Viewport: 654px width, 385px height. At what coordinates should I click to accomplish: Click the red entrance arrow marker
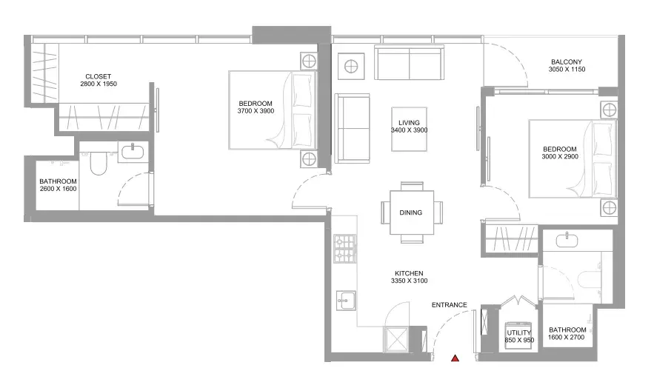pos(455,358)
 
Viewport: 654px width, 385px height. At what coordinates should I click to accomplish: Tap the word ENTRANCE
pos(449,305)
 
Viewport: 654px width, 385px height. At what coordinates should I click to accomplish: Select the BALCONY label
pos(567,61)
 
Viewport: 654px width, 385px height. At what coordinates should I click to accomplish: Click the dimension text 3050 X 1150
pos(567,70)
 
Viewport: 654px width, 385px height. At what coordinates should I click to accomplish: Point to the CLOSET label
pos(98,76)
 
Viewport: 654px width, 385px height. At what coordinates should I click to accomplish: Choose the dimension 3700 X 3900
pos(256,111)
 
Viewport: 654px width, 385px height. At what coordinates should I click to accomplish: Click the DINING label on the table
pos(411,212)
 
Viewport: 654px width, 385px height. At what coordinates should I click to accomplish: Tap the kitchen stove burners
pos(345,249)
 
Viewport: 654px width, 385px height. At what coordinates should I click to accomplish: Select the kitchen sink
pos(346,300)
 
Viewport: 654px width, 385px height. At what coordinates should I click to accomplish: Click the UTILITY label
pos(519,332)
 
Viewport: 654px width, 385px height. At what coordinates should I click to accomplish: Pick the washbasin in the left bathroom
pos(133,152)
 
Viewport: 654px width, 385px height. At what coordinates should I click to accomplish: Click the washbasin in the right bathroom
pos(567,241)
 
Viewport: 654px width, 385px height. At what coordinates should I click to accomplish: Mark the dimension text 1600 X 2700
pos(567,337)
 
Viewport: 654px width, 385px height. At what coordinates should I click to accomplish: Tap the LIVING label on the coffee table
pos(409,123)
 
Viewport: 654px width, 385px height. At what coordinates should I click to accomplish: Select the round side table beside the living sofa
pos(351,67)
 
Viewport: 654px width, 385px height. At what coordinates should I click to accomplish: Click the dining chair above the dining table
pos(412,186)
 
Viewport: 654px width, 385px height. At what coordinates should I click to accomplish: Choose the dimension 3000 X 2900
pos(560,156)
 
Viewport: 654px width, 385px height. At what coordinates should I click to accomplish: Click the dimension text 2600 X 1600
pos(59,189)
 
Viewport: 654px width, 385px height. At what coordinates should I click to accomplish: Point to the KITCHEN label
pos(409,273)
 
